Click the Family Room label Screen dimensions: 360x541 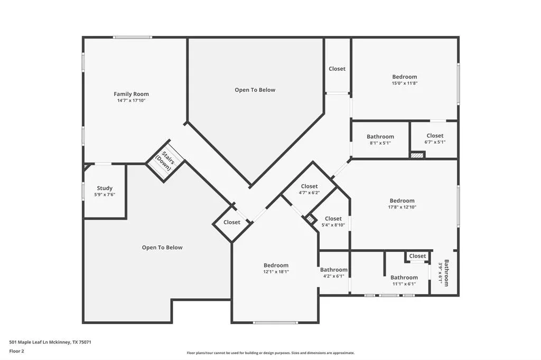[x=131, y=94]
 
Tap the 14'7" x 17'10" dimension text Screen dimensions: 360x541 [x=131, y=100]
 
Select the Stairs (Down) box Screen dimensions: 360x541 [x=165, y=160]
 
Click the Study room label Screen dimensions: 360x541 [x=105, y=188]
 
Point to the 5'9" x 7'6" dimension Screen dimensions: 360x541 [x=105, y=195]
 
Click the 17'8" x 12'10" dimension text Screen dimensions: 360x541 [x=402, y=207]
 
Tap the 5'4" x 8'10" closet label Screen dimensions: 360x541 [x=333, y=219]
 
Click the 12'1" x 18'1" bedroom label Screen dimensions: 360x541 [x=276, y=266]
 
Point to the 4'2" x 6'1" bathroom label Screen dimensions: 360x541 [x=333, y=270]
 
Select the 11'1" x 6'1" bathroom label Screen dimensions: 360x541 [x=404, y=278]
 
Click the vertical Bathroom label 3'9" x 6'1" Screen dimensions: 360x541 [x=444, y=273]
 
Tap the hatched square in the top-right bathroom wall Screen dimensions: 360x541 [x=417, y=155]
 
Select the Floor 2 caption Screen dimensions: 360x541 [x=16, y=350]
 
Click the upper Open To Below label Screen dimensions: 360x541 [x=255, y=90]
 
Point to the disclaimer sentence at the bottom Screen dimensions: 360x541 [x=270, y=353]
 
